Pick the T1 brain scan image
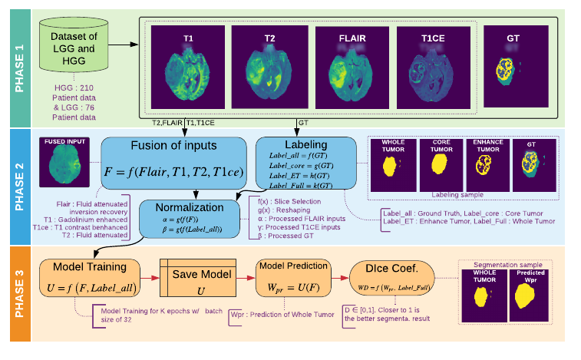187,67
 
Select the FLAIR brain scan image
352,67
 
